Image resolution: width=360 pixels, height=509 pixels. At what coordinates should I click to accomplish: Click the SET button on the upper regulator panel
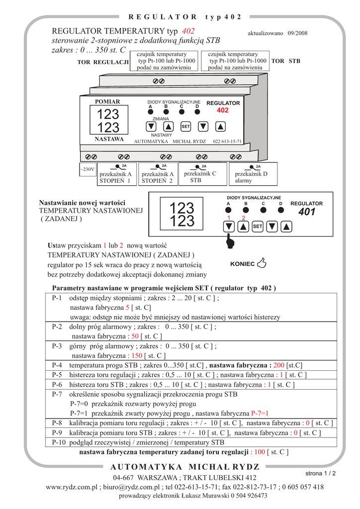pos(185,126)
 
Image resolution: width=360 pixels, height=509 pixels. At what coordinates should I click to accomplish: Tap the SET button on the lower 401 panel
pos(257,227)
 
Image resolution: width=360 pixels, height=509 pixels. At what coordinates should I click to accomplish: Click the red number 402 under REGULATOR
pos(222,110)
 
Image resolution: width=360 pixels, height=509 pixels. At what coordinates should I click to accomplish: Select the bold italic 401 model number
pos(307,212)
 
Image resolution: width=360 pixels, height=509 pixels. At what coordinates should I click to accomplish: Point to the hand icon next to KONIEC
pos(262,263)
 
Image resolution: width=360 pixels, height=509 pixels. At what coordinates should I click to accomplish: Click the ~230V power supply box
pos(88,170)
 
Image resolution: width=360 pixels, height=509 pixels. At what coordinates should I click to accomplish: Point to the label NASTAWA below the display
pos(109,139)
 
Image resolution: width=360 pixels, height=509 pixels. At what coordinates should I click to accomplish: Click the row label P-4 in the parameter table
pos(57,364)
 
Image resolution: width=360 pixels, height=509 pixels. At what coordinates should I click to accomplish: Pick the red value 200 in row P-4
pos(278,364)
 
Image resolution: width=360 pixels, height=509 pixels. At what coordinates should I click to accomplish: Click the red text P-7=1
pos(260,413)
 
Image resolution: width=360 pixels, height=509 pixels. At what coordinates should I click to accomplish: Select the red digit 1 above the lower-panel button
pos(229,219)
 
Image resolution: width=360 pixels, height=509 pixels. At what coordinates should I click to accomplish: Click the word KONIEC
pos(243,264)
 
